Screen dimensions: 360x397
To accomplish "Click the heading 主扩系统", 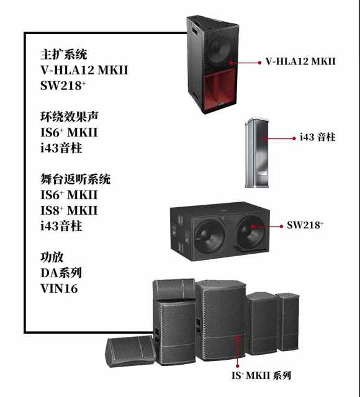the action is pos(63,55).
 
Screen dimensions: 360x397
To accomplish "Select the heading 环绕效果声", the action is pos(69,117).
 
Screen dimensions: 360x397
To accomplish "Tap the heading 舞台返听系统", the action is pos(76,179).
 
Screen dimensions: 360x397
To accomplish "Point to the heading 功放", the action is pos(52,257).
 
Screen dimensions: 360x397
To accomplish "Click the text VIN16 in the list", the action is pos(59,288).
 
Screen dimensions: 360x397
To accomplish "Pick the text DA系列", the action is pos(61,273).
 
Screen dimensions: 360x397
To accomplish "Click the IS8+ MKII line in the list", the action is pos(69,210).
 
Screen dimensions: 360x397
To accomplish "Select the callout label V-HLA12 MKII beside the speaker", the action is pos(300,61).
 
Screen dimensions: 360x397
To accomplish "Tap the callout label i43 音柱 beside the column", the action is pos(318,137).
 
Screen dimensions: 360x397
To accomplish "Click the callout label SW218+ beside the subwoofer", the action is pos(305,225).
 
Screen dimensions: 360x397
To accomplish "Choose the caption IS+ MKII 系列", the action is pos(261,375).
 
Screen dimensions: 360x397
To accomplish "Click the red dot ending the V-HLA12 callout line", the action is pos(259,62).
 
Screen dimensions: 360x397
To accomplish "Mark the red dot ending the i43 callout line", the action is pos(294,138).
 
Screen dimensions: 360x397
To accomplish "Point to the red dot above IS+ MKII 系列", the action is pos(237,366).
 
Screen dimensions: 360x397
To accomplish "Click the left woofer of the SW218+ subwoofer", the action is pos(209,236).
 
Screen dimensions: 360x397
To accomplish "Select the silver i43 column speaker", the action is pos(256,153).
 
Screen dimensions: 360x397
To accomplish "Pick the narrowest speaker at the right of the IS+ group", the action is pos(288,321).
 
